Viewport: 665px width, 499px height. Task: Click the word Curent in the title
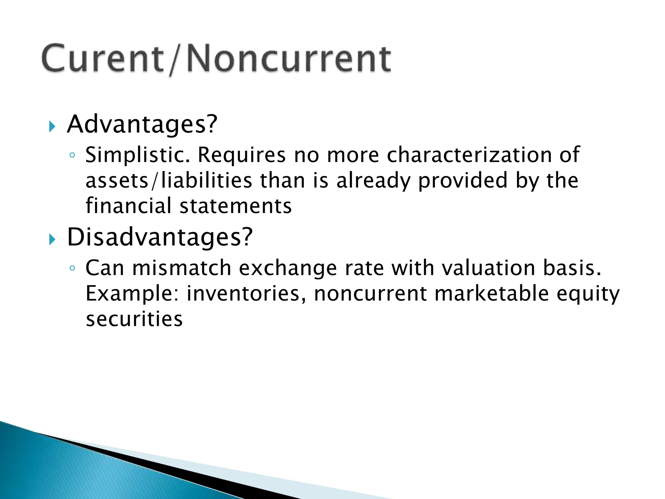[102, 59]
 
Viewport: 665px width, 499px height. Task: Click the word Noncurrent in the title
[289, 59]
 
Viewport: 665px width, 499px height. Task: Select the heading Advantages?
[142, 124]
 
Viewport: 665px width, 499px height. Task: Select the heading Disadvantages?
[159, 237]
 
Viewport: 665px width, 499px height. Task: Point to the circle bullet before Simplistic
[72, 155]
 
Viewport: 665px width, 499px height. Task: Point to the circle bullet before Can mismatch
[72, 268]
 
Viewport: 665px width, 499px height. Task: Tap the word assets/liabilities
[169, 181]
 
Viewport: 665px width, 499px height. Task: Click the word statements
[236, 207]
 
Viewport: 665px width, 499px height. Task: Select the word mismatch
[182, 268]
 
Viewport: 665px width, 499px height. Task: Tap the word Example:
[132, 294]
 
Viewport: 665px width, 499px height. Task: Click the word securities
[134, 319]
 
